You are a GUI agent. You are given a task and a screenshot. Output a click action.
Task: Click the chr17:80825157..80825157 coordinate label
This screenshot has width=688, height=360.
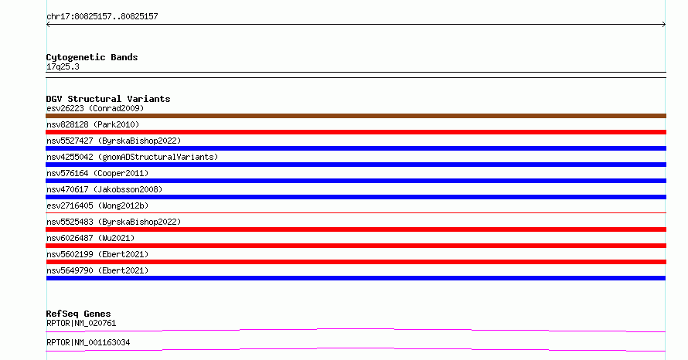(102, 17)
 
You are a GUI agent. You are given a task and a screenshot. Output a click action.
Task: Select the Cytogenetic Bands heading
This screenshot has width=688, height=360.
(92, 57)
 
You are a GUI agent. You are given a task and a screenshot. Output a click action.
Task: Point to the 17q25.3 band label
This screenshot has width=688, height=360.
(63, 66)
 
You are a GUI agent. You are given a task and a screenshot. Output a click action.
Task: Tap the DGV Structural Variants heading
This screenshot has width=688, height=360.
(108, 99)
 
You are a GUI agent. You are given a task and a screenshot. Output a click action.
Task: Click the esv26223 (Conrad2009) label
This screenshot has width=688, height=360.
(95, 108)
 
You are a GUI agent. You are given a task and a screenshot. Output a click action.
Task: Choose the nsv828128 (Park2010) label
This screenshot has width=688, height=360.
(93, 124)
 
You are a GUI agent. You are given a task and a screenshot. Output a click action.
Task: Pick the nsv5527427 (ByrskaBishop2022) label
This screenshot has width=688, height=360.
(114, 141)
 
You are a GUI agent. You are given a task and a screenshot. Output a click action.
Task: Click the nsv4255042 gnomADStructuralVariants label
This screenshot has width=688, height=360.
(132, 157)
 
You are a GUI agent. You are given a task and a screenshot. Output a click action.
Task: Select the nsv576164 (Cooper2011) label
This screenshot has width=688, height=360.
(97, 173)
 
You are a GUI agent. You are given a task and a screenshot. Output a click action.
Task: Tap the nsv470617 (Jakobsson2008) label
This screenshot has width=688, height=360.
(104, 189)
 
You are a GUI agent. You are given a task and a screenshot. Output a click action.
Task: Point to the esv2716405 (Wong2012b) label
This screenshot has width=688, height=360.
(97, 205)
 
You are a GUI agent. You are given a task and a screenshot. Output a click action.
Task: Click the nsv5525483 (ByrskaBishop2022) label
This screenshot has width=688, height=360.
(114, 222)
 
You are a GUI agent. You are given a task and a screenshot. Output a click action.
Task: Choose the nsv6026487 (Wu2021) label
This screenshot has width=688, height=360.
(90, 238)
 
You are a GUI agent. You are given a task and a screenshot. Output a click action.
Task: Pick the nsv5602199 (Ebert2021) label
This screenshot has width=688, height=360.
(97, 254)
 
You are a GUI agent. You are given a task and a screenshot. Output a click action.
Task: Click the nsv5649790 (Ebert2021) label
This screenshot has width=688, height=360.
(97, 270)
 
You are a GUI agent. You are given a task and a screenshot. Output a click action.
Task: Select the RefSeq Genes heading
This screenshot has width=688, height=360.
(79, 314)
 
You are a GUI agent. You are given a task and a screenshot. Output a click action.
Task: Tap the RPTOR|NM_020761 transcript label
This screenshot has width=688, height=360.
(81, 323)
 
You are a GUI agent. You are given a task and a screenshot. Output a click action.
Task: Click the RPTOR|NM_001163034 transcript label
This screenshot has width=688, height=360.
(88, 342)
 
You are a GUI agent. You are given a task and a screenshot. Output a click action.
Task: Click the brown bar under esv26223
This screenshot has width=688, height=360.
(356, 116)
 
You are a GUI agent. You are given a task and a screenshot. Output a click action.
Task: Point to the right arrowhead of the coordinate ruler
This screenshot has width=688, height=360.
(665, 25)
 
